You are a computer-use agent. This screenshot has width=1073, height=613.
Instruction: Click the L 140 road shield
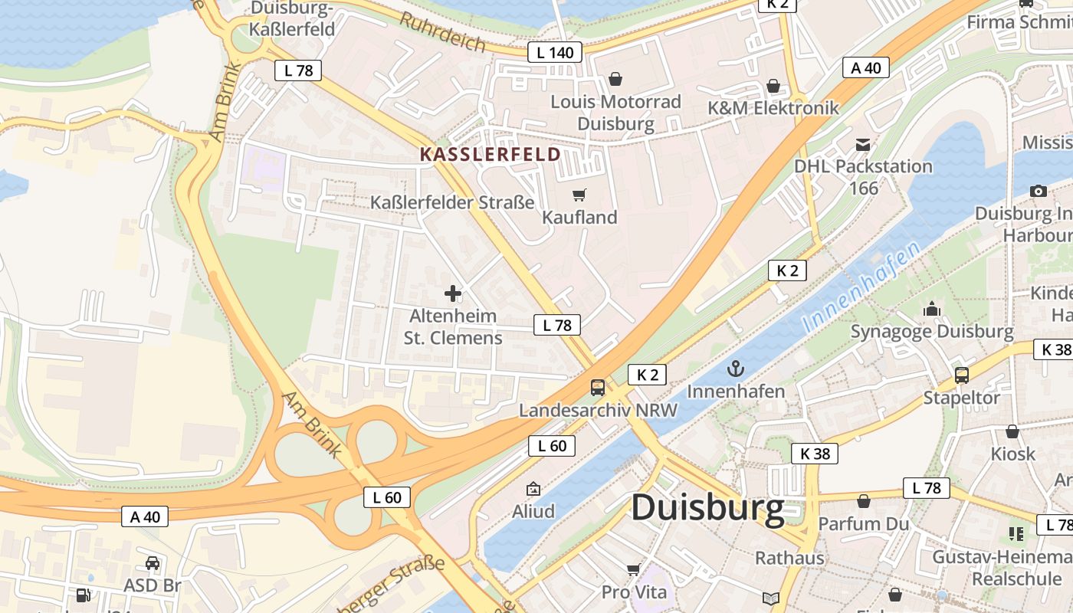(x=555, y=52)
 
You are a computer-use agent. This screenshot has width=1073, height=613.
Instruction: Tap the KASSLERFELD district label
(x=491, y=154)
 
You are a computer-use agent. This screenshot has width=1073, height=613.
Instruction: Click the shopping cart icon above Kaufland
(x=579, y=195)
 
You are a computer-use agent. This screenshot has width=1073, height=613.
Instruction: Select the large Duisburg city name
(x=707, y=508)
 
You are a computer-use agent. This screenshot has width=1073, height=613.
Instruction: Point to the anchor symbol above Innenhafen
(x=736, y=369)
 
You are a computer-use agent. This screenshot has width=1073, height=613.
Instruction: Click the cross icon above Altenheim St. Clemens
(x=453, y=293)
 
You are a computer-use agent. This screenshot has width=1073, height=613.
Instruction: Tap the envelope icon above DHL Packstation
(x=863, y=144)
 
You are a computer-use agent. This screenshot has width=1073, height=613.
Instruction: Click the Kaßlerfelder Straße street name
(x=452, y=203)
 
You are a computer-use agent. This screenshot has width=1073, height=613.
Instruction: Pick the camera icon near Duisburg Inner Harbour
(x=1039, y=191)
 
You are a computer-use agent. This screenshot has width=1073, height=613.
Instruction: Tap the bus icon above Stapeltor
(x=961, y=375)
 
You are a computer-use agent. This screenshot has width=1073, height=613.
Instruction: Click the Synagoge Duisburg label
(x=932, y=332)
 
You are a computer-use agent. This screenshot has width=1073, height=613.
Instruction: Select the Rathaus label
(x=789, y=557)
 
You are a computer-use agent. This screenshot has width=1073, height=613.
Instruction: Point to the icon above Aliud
(x=533, y=489)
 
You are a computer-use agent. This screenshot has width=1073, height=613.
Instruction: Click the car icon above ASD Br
(x=153, y=563)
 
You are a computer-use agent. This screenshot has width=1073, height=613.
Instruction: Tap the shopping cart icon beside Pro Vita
(x=633, y=569)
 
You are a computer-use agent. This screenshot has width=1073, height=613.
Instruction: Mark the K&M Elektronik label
(x=773, y=108)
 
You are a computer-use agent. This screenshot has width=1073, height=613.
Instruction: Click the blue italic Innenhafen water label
(x=861, y=287)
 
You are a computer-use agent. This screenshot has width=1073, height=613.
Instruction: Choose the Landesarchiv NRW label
(x=598, y=410)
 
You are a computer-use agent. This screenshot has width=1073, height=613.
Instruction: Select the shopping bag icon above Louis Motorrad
(x=615, y=78)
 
